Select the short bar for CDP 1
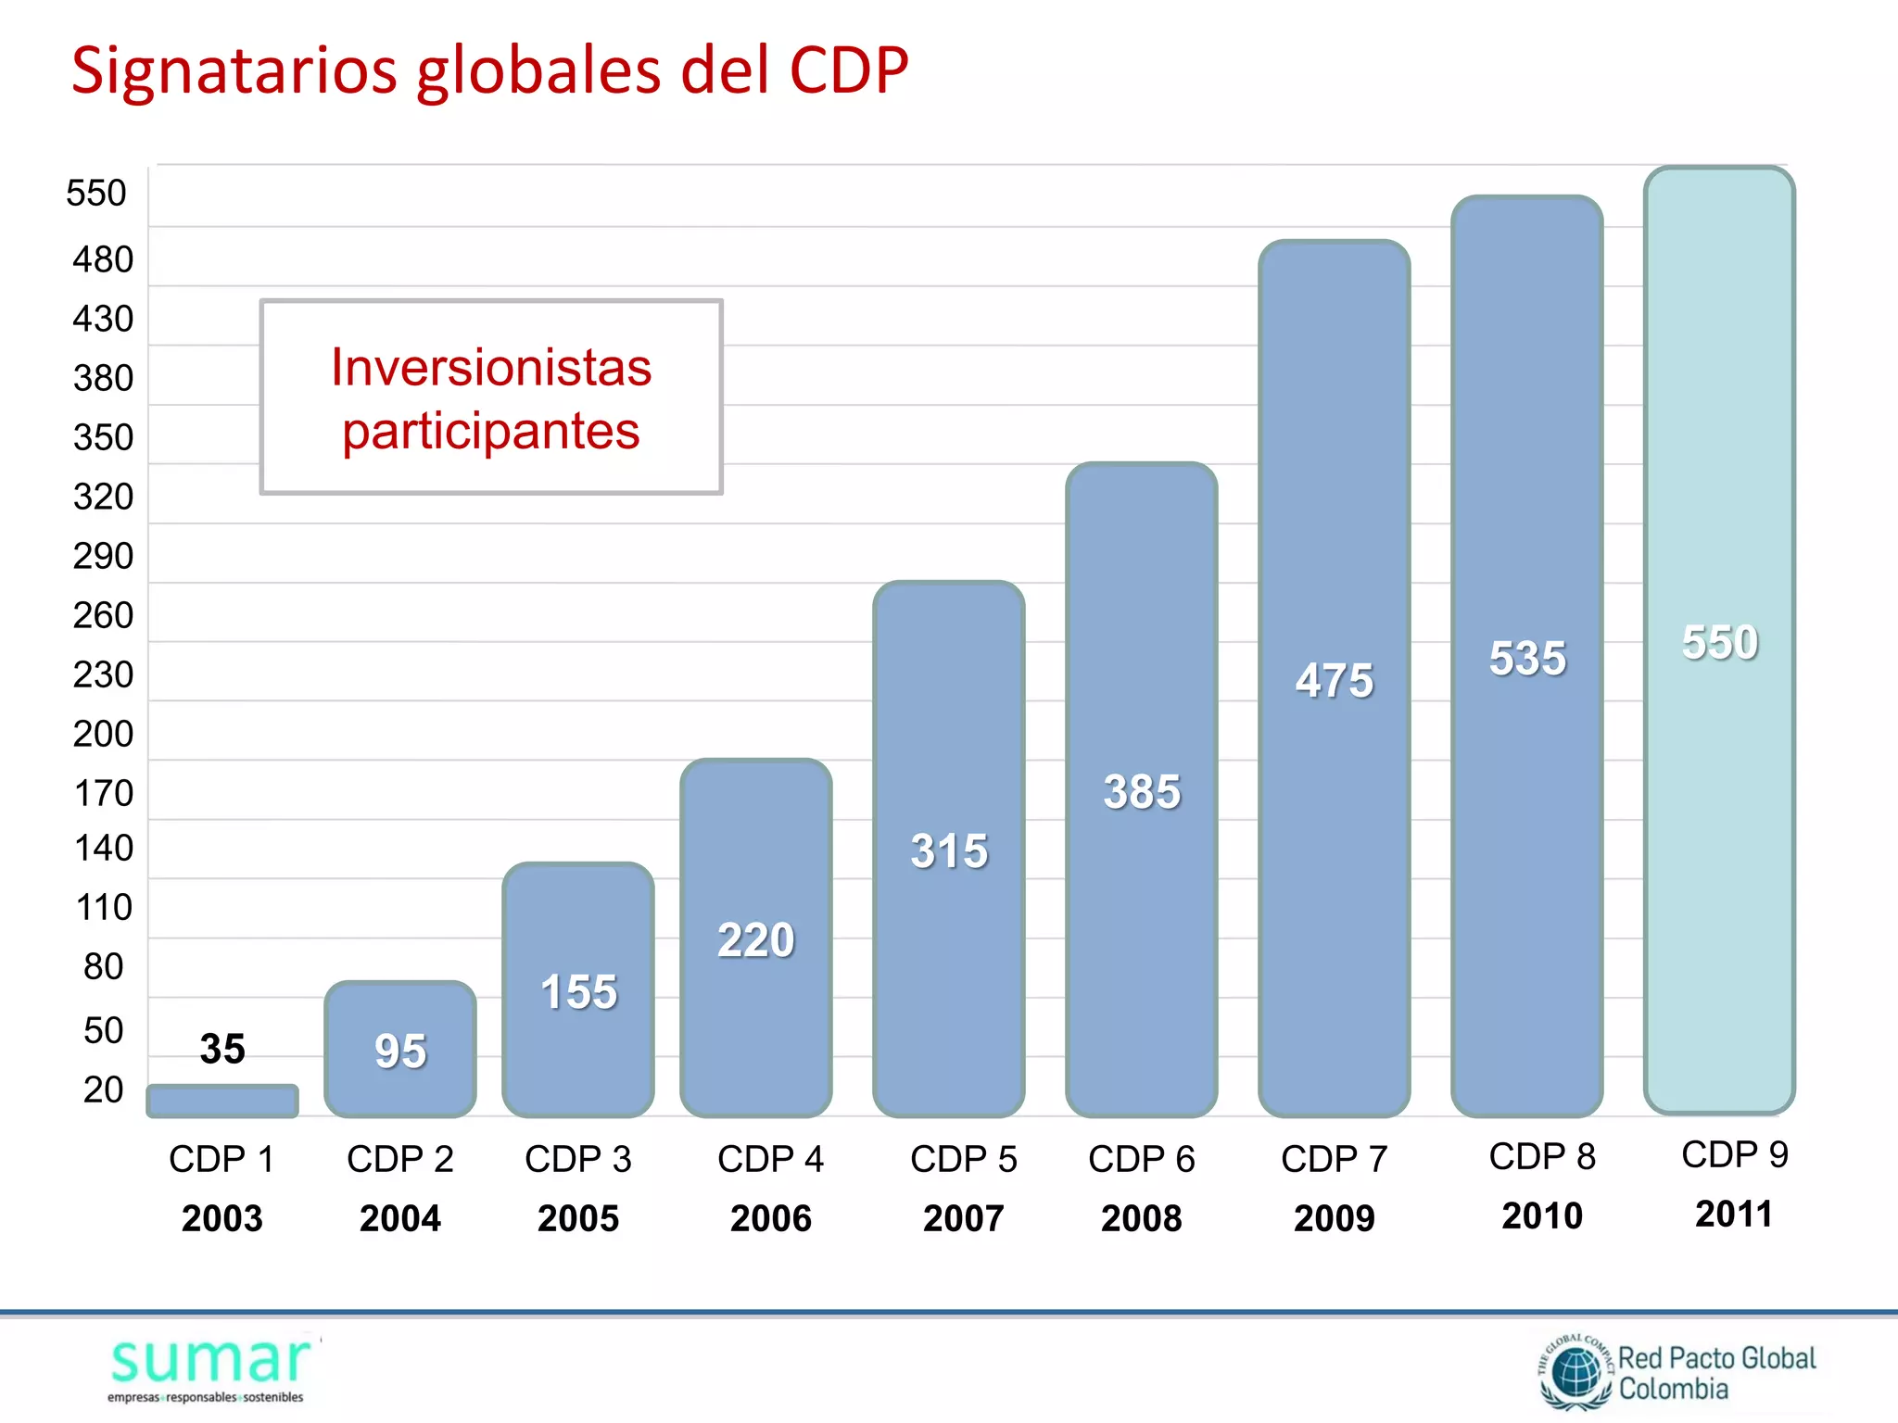pyautogui.click(x=222, y=1102)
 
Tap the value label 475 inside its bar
pyautogui.click(x=1335, y=680)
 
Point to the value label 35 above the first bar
pyautogui.click(x=222, y=1049)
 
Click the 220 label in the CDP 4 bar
pyautogui.click(x=756, y=939)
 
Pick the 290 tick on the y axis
pyautogui.click(x=103, y=556)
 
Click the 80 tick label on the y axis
pyautogui.click(x=103, y=966)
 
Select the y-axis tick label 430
pyautogui.click(x=103, y=319)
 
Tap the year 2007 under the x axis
pyautogui.click(x=963, y=1217)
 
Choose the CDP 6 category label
pyautogui.click(x=1141, y=1159)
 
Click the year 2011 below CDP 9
pyautogui.click(x=1733, y=1214)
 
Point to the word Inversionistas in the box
pyautogui.click(x=491, y=367)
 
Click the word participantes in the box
pyautogui.click(x=491, y=432)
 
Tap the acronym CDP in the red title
pyautogui.click(x=848, y=70)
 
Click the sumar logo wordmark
pyautogui.click(x=210, y=1362)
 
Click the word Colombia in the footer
pyautogui.click(x=1673, y=1390)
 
